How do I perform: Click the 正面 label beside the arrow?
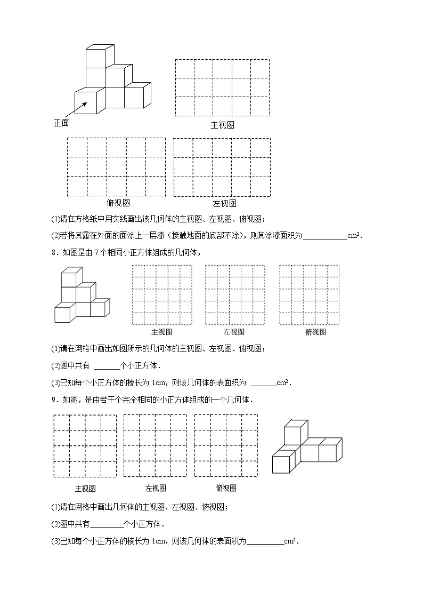pos(61,123)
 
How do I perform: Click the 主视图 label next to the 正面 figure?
pos(222,125)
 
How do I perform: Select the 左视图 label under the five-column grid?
pos(224,203)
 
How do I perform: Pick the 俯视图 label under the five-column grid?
pos(118,203)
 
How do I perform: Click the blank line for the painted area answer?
pos(324,237)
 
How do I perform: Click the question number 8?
pos(54,253)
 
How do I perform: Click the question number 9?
pos(54,400)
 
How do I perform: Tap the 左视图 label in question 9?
pos(156,488)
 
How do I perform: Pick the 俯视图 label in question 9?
pos(226,488)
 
